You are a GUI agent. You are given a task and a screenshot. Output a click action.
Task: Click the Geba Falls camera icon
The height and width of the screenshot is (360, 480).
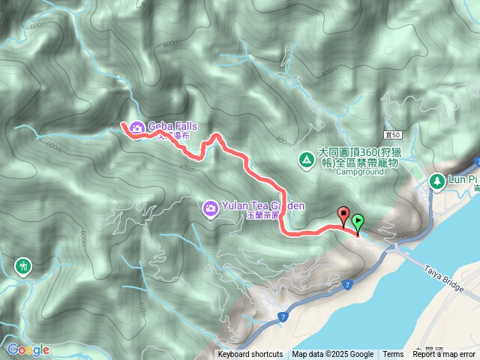point(137,127)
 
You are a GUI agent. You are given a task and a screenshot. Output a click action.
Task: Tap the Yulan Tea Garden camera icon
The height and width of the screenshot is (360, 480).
point(211,206)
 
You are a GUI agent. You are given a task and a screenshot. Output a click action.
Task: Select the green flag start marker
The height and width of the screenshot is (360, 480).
point(358,223)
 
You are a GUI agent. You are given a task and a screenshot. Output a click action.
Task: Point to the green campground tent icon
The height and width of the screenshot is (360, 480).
point(306,160)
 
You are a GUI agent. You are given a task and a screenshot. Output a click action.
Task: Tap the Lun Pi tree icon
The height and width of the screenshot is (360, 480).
point(436,181)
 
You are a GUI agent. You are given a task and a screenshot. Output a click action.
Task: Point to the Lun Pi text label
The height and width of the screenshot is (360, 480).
point(463,181)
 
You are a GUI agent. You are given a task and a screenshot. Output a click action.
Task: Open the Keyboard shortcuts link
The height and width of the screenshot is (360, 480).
point(250,354)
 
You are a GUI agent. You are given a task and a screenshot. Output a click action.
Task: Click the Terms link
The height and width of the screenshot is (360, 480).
point(393,354)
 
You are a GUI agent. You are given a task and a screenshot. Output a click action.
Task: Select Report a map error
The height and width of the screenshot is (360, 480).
point(444,354)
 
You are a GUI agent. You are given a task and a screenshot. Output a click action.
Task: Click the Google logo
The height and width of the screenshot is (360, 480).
point(28,349)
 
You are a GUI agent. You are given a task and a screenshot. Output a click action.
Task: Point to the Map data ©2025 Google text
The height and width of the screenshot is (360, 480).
point(333,354)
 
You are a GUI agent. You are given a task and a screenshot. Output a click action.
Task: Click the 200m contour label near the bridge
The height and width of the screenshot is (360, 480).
point(406,235)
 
